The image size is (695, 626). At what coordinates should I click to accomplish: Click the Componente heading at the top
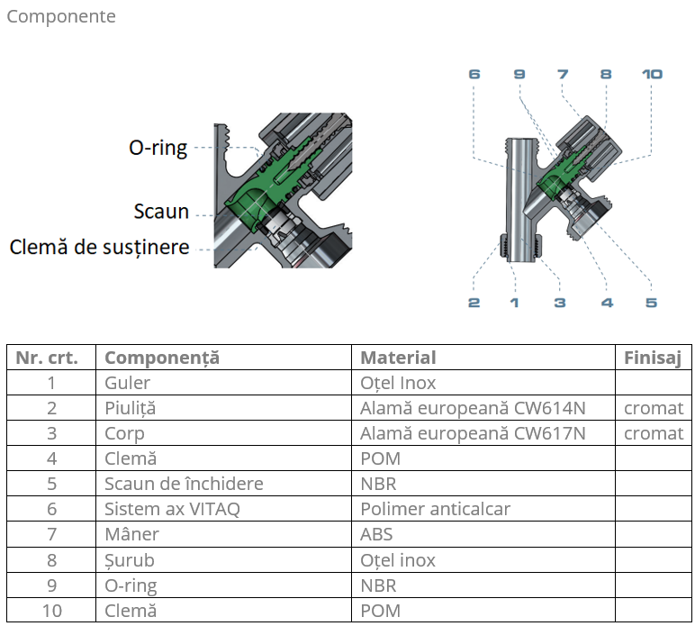[61, 16]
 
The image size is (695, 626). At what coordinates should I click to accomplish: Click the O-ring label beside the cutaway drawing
[158, 148]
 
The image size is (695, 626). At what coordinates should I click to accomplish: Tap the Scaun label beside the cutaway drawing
[161, 212]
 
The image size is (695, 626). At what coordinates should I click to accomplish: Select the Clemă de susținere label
[100, 246]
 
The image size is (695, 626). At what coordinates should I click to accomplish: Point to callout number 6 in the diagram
[474, 74]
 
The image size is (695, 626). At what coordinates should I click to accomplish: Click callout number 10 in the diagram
[652, 74]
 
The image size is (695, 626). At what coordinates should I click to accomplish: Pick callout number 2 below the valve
[474, 303]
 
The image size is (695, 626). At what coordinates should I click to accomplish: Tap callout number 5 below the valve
[651, 303]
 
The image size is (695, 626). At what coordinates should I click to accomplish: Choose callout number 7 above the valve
[563, 74]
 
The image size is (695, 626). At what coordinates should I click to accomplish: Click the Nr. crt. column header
[47, 358]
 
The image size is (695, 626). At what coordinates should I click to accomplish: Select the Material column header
[398, 358]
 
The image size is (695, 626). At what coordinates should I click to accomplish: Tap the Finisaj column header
[653, 358]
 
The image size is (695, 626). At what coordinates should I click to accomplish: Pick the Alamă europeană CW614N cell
[473, 408]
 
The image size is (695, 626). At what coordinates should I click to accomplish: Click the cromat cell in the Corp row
[654, 433]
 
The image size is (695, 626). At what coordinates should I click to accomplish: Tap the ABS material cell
[376, 534]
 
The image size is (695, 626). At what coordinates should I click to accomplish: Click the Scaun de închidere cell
[184, 484]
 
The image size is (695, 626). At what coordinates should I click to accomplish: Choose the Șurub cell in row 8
[130, 560]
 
